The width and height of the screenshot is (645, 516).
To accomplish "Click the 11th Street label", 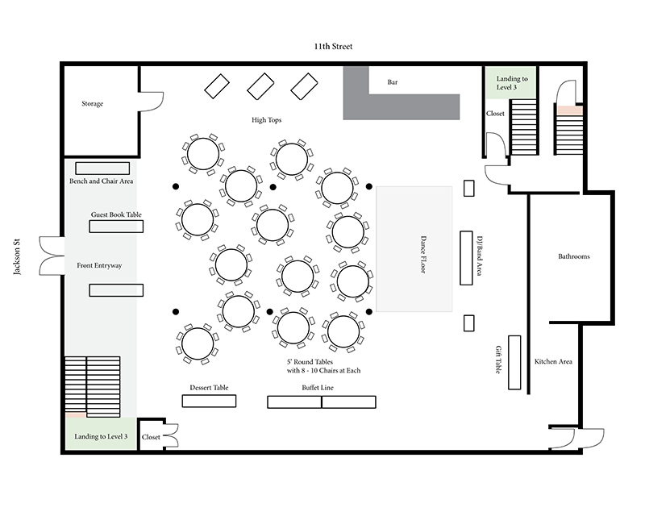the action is pos(333,47).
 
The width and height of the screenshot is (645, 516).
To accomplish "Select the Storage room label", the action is pos(92,104).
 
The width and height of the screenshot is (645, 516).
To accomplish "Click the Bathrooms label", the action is pos(574,256).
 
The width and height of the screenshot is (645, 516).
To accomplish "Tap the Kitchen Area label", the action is pos(553,361).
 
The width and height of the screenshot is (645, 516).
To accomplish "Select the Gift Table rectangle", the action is pos(514,361).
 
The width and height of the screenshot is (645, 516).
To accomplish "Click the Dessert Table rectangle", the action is pos(209,401).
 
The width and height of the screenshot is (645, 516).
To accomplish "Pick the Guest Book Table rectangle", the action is pos(116,227).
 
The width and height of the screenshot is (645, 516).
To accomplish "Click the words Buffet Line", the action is pos(318,388).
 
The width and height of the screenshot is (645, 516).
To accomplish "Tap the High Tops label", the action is pos(266,121).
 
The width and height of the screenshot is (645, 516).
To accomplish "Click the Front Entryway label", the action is pos(99,265).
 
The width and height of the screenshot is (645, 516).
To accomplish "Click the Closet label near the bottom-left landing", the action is pos(151,437).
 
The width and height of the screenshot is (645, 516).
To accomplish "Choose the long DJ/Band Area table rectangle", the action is pos(466,257).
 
